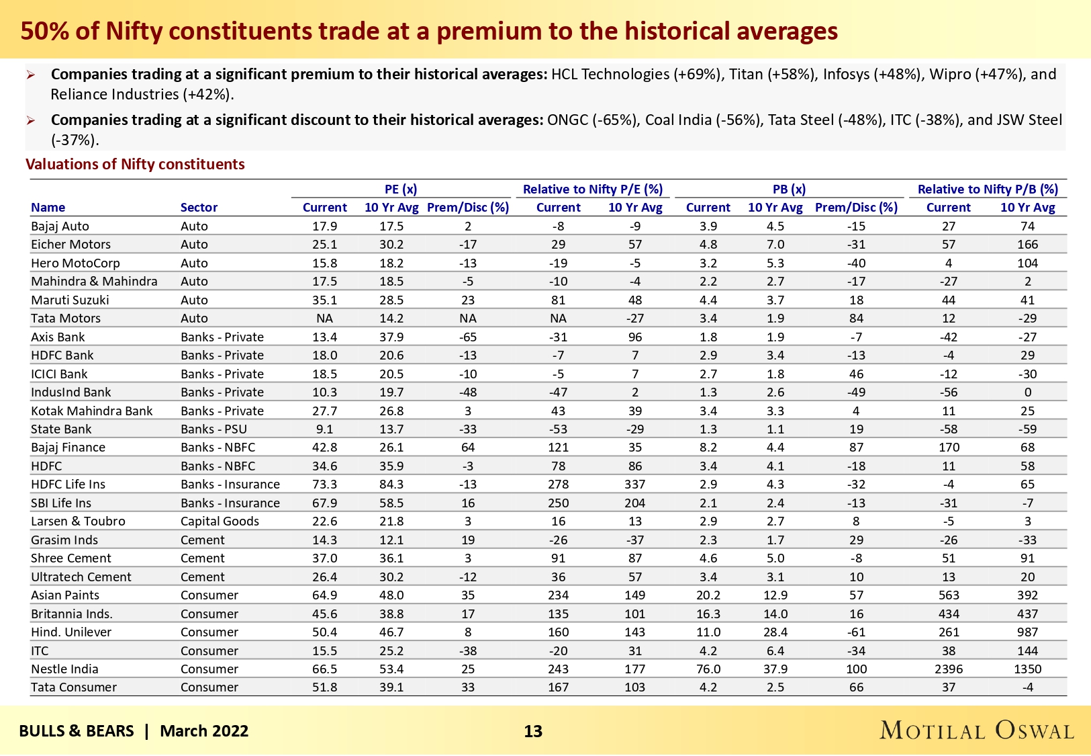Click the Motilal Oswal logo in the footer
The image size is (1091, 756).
(977, 730)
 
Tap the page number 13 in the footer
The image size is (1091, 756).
(533, 731)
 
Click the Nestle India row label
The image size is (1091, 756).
(64, 669)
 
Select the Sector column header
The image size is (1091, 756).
(199, 207)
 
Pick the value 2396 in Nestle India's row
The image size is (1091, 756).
(948, 669)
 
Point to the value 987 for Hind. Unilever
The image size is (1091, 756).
(1027, 632)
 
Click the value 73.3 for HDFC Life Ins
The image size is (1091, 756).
(324, 484)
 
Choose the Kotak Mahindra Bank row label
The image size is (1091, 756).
(92, 411)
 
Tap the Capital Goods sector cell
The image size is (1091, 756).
(220, 521)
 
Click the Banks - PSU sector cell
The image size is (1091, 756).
(214, 429)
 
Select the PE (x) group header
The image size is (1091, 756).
(401, 190)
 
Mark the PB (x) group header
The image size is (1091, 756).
(789, 190)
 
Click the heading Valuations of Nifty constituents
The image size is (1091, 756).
(135, 164)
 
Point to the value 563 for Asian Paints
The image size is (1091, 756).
(948, 595)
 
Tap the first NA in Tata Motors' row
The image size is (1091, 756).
(324, 318)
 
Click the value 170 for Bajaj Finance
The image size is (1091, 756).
(948, 447)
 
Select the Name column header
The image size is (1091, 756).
(48, 207)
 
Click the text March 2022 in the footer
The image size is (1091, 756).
(204, 731)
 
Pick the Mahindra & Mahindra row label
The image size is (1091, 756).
(94, 281)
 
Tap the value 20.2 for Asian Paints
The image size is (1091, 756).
(708, 595)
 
